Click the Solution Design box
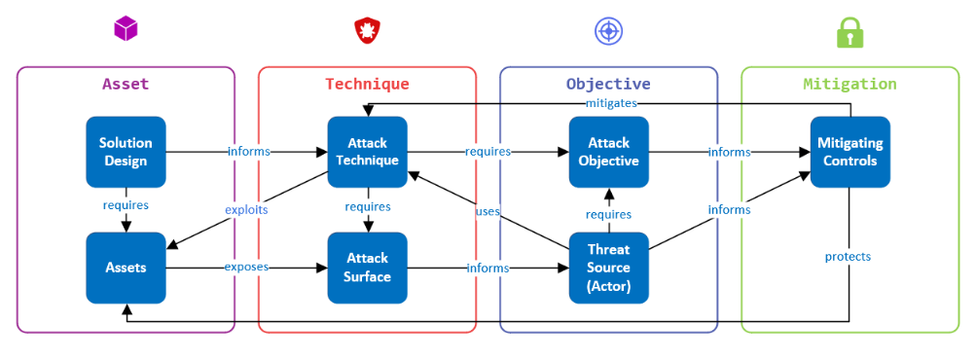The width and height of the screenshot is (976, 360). (x=126, y=152)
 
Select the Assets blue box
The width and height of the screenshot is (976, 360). (x=126, y=268)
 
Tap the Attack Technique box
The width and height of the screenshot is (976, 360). (x=367, y=152)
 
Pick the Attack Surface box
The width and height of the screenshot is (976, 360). (x=367, y=268)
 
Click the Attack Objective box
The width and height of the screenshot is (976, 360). (x=609, y=152)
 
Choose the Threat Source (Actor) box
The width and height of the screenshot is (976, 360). (x=609, y=268)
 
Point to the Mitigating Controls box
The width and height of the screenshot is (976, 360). (x=850, y=152)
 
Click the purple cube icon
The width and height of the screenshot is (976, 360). (x=126, y=28)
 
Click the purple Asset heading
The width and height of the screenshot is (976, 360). (x=126, y=84)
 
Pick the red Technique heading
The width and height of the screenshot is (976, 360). (x=367, y=84)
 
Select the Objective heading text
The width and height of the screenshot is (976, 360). (x=608, y=84)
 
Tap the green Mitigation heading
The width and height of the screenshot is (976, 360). (x=849, y=84)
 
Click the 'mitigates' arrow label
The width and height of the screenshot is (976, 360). (x=611, y=103)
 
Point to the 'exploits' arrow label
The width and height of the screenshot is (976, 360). (x=246, y=210)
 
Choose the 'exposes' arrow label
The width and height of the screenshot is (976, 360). (x=246, y=267)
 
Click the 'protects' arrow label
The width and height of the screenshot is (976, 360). (x=848, y=256)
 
